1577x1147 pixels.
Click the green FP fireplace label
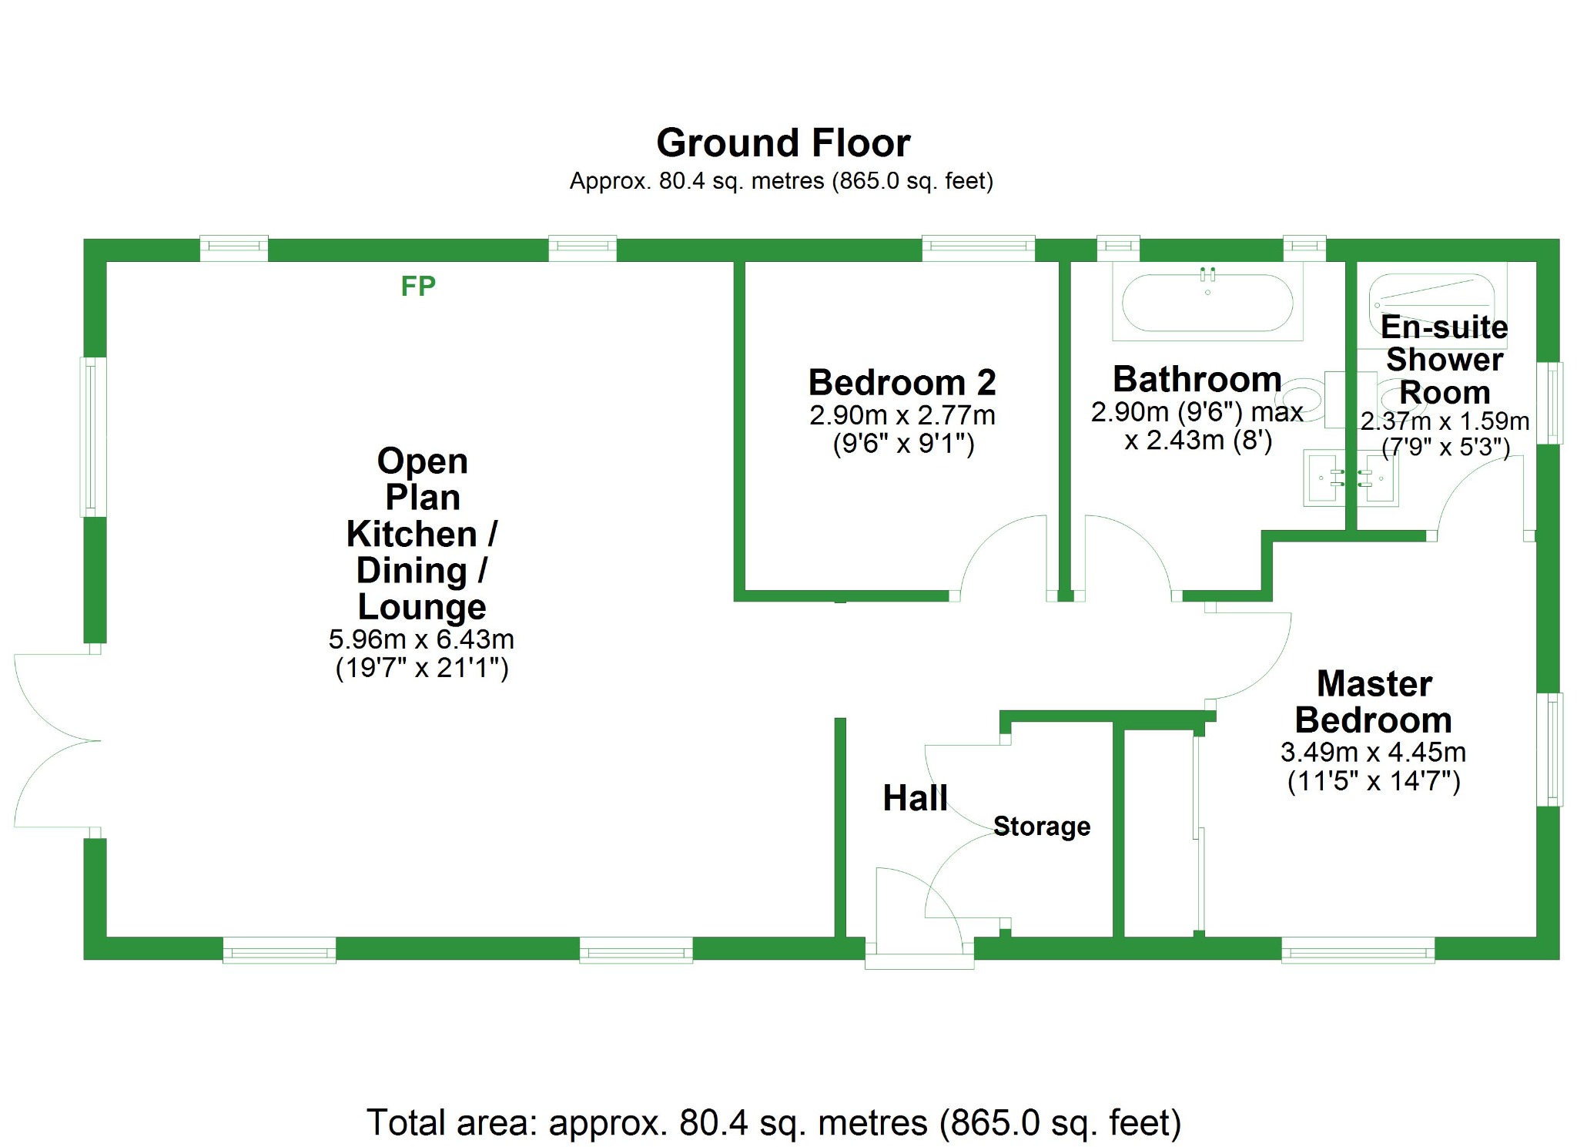point(418,287)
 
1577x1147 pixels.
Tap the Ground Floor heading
point(783,143)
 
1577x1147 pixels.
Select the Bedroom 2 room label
point(902,383)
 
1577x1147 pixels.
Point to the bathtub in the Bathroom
point(1207,304)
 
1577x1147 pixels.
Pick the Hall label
point(915,798)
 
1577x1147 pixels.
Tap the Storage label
point(1041,827)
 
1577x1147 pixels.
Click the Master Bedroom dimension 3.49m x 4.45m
point(1373,753)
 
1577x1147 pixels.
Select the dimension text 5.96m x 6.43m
point(421,639)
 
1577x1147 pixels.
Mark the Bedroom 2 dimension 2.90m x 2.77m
point(902,416)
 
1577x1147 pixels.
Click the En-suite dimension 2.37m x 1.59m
point(1445,421)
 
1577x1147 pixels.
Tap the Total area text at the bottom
point(773,1122)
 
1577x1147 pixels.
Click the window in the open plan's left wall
point(94,436)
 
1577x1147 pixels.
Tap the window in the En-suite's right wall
point(1549,403)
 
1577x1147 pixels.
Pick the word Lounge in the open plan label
point(422,607)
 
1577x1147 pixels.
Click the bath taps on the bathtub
point(1207,273)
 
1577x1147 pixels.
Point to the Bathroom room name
point(1197,380)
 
